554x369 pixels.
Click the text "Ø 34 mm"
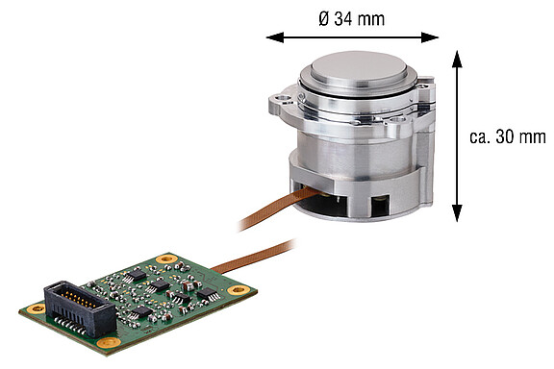point(351,17)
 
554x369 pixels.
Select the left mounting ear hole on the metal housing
point(282,98)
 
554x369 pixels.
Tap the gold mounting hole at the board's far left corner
point(37,308)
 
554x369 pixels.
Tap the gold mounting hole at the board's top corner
point(168,258)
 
